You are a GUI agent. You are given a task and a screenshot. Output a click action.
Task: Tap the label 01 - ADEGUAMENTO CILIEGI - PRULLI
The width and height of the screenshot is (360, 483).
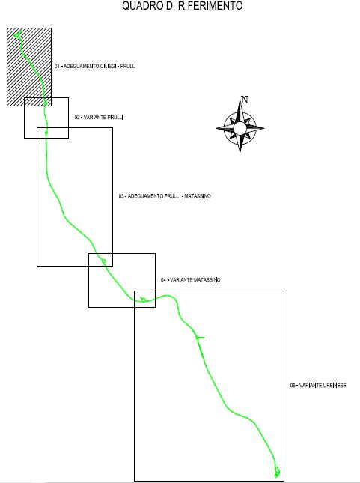95,66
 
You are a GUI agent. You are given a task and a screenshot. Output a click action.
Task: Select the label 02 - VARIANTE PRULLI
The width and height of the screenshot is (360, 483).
99,118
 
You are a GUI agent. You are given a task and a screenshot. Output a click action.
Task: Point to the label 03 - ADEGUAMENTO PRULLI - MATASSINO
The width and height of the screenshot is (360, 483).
165,196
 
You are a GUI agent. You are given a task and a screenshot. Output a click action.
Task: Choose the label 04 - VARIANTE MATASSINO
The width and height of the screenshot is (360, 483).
191,280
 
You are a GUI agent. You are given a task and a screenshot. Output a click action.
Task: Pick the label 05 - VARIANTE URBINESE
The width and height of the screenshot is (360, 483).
318,386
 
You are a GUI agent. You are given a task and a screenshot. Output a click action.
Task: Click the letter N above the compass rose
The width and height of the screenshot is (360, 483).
245,100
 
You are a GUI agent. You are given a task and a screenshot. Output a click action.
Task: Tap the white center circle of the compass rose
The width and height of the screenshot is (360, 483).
240,128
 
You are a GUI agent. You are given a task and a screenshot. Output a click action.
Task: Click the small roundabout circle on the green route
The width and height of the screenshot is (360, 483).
104,261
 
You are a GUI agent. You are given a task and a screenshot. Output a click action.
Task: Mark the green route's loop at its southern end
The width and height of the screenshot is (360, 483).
277,471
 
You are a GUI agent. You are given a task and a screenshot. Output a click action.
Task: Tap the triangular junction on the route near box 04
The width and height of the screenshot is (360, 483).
143,299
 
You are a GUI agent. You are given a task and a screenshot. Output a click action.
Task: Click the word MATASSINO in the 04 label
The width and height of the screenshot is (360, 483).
207,280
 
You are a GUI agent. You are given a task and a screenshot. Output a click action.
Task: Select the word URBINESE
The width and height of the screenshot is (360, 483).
334,386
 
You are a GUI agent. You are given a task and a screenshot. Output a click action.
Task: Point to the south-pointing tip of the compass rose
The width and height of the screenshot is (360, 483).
240,152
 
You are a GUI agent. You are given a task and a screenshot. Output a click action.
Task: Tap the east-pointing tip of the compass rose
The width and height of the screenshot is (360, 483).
263,128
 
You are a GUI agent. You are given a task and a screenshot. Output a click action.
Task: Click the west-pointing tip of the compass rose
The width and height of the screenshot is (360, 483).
216,128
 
